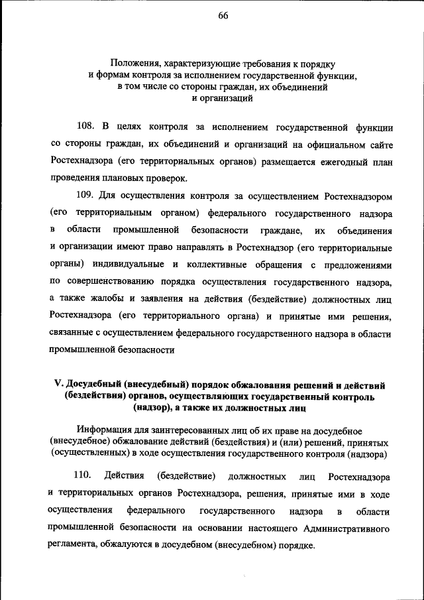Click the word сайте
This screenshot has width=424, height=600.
click(x=378, y=143)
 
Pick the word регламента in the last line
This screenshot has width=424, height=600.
click(x=72, y=546)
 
